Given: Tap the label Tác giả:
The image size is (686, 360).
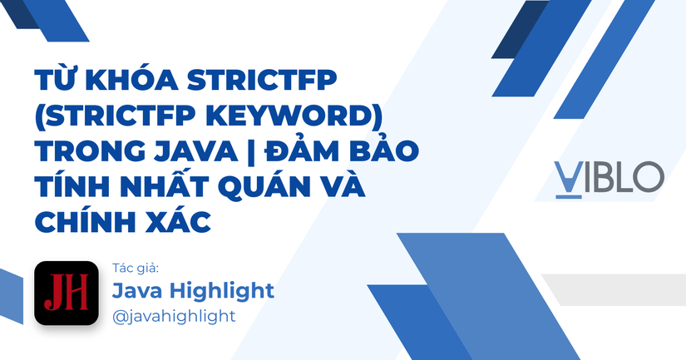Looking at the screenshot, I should pyautogui.click(x=135, y=268).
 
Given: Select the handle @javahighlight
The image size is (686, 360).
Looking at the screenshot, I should pyautogui.click(x=173, y=316).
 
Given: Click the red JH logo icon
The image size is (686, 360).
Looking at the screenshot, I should pyautogui.click(x=66, y=293).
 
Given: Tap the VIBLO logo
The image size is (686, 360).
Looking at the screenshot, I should pyautogui.click(x=610, y=177).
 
